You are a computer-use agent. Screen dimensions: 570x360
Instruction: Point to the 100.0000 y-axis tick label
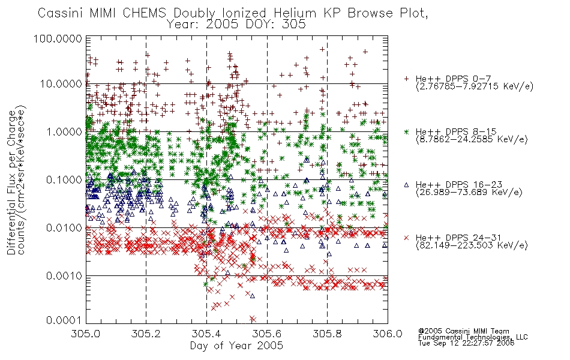click(x=58, y=38)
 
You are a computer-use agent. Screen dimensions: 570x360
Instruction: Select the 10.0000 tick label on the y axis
click(x=61, y=84)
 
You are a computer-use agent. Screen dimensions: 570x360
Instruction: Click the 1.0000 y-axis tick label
click(x=64, y=131)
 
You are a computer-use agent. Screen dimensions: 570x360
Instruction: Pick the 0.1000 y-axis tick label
click(x=64, y=179)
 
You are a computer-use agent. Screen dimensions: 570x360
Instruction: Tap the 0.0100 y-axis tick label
click(x=64, y=228)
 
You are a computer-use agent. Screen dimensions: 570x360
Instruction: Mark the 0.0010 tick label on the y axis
click(x=64, y=276)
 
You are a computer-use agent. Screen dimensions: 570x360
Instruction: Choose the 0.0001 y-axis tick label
click(x=64, y=320)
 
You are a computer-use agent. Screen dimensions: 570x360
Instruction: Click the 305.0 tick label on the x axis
click(x=86, y=334)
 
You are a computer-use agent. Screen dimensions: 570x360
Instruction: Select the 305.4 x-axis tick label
click(x=206, y=334)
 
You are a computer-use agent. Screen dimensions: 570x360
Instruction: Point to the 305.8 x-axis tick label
click(x=327, y=334)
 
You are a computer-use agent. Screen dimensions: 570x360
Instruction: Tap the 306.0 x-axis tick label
click(x=388, y=334)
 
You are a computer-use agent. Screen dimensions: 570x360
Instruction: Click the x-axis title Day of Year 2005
click(x=236, y=346)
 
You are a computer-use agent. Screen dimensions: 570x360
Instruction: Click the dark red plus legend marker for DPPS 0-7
click(x=406, y=79)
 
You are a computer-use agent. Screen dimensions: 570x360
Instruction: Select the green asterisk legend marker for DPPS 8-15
click(x=406, y=131)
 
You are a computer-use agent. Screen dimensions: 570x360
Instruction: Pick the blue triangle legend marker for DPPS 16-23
click(x=406, y=185)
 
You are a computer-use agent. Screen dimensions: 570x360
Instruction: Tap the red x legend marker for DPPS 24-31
click(x=406, y=238)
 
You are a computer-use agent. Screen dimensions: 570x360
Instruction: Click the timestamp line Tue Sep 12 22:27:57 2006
click(x=466, y=343)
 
